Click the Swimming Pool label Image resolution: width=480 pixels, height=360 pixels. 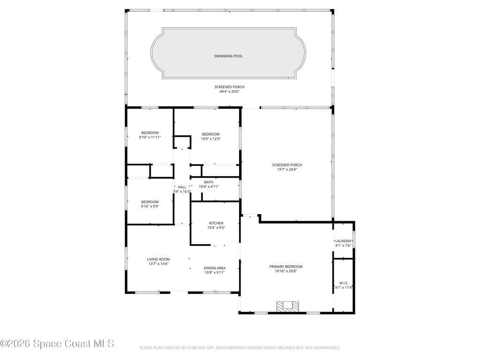pyautogui.click(x=228, y=56)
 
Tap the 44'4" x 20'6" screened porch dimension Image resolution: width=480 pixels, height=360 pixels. pyautogui.click(x=229, y=92)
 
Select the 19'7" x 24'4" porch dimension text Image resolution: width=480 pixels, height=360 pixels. pyautogui.click(x=287, y=170)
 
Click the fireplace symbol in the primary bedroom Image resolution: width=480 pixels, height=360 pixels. pyautogui.click(x=287, y=306)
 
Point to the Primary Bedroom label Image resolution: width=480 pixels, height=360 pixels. pyautogui.click(x=285, y=266)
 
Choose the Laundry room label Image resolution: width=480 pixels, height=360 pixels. pyautogui.click(x=343, y=241)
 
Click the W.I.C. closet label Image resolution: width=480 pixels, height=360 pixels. pyautogui.click(x=343, y=283)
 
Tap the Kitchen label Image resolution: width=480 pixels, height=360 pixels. pyautogui.click(x=216, y=223)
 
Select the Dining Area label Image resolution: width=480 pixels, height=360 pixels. pyautogui.click(x=215, y=268)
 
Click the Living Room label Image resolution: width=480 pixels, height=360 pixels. pyautogui.click(x=158, y=259)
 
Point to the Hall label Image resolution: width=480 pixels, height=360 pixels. pyautogui.click(x=182, y=187)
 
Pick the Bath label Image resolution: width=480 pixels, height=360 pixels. pyautogui.click(x=209, y=182)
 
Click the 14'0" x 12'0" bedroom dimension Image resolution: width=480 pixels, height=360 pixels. pyautogui.click(x=210, y=139)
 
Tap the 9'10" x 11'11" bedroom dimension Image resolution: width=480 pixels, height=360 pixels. pyautogui.click(x=150, y=137)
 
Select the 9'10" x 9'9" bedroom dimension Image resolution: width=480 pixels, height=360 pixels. pyautogui.click(x=150, y=206)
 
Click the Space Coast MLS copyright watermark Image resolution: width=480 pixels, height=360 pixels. pyautogui.click(x=57, y=344)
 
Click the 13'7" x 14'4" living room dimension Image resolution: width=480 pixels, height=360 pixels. pyautogui.click(x=158, y=264)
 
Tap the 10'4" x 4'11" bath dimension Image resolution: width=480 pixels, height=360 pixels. pyautogui.click(x=209, y=187)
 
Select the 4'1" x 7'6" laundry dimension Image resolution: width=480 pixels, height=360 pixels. pyautogui.click(x=343, y=246)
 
